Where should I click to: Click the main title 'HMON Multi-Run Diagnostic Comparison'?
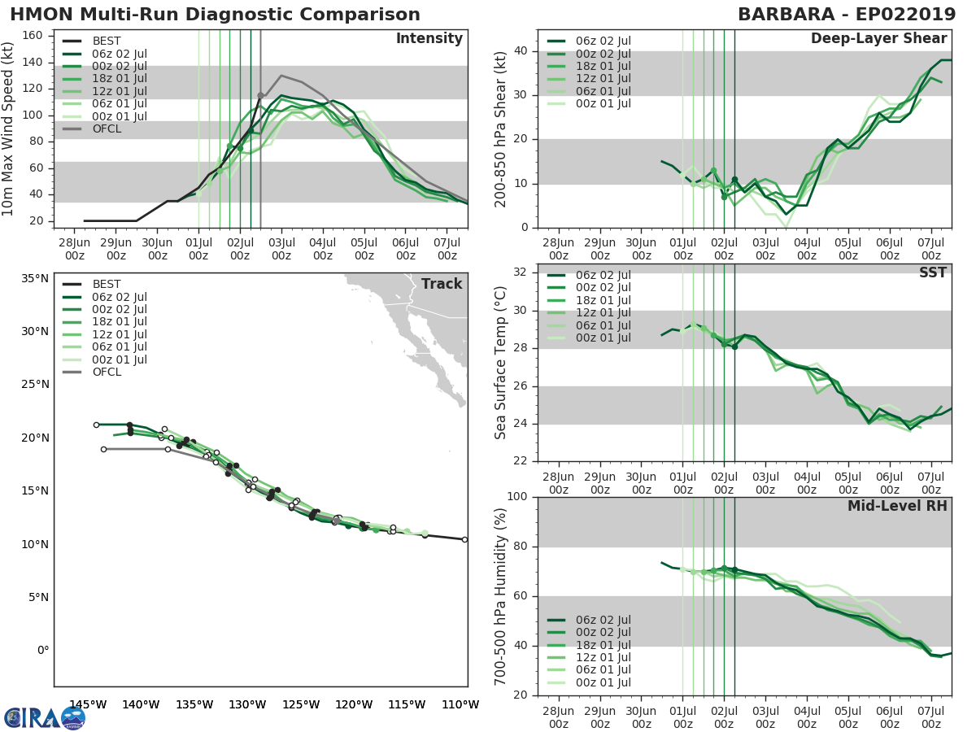pos(215,15)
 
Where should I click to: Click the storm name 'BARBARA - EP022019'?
pos(844,15)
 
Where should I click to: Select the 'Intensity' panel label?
pos(429,39)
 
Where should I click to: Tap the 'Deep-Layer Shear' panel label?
pos(878,39)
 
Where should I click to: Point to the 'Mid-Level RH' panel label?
pos(897,507)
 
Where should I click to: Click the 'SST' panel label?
pos(933,272)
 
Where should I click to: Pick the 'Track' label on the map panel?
pos(441,284)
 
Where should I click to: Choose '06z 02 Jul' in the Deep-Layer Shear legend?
pos(602,41)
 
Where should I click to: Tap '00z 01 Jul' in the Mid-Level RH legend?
pos(602,682)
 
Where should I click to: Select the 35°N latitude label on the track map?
pos(34,278)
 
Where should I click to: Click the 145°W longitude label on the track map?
pos(88,704)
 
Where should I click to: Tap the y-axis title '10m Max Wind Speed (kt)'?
pos(9,129)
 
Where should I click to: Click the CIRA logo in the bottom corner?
pos(45,717)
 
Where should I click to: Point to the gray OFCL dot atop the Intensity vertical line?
pos(260,95)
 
